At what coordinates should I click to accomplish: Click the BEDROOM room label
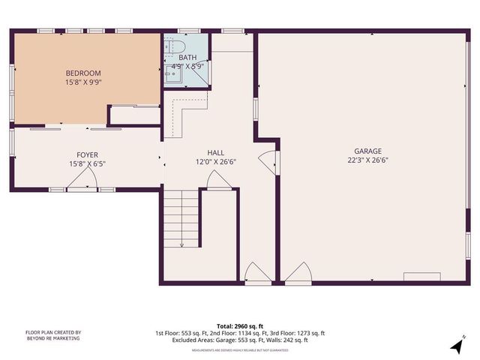(x=83, y=73)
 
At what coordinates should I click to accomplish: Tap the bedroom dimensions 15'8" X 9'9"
(x=83, y=82)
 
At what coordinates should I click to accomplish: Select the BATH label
(x=187, y=57)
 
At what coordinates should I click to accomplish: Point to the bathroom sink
(x=170, y=73)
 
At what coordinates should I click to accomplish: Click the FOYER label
(x=83, y=154)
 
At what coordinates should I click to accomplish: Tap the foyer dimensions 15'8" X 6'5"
(x=83, y=163)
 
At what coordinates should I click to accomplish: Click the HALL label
(x=216, y=152)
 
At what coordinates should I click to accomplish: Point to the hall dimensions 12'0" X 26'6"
(x=216, y=161)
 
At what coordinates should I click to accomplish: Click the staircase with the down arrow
(x=181, y=218)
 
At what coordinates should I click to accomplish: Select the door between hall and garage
(x=268, y=161)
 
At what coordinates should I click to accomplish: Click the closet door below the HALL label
(x=218, y=180)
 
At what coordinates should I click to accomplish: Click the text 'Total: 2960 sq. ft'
(x=240, y=326)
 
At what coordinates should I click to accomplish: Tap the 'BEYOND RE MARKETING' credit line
(x=53, y=338)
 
